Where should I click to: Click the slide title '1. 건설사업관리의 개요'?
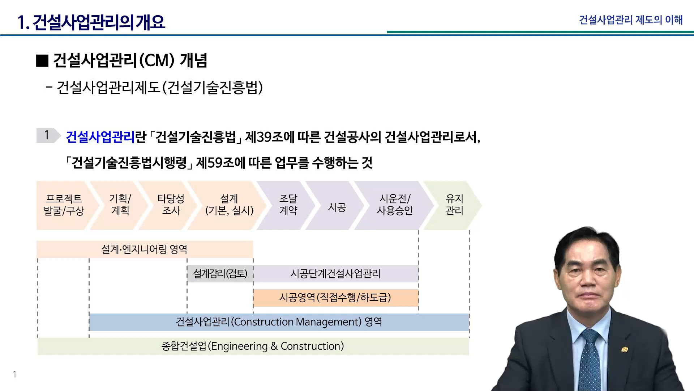91,22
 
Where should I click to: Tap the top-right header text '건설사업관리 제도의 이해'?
631,20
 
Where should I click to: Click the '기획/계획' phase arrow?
119,205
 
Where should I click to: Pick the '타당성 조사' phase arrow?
170,205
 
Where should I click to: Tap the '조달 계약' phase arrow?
287,205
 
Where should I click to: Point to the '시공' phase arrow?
336,205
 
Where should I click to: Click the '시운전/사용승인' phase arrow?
394,205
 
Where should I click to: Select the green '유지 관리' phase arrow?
454,205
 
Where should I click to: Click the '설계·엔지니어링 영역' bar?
145,249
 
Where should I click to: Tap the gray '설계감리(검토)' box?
220,273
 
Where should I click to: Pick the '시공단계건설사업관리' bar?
336,273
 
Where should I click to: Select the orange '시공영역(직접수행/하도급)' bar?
336,298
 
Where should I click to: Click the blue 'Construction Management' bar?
279,322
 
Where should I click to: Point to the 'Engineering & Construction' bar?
253,346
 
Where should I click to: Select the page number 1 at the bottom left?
14,374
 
